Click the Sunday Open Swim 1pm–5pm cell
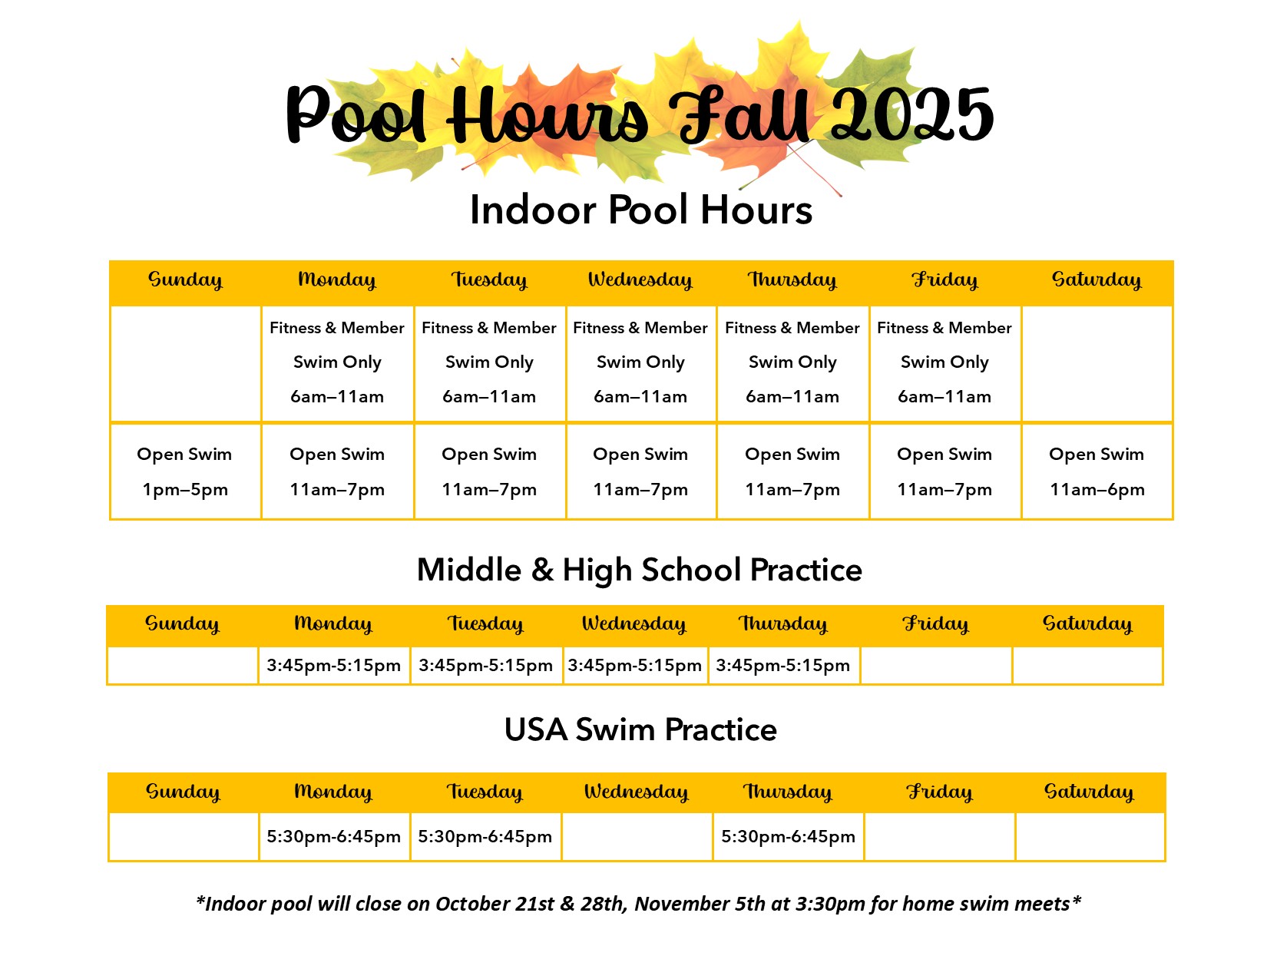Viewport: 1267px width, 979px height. point(185,471)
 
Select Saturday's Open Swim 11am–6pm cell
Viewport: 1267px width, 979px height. point(1097,471)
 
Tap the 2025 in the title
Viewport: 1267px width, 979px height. point(912,114)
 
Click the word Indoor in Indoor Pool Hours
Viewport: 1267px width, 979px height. point(533,210)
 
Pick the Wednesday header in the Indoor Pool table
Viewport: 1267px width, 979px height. point(640,280)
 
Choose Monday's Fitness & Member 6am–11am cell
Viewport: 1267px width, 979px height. point(337,362)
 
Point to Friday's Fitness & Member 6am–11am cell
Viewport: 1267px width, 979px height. point(944,362)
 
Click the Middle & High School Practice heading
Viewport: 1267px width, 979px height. point(639,570)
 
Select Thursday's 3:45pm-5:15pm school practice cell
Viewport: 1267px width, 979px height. point(783,665)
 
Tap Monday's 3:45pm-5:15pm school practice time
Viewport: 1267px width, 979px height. point(333,665)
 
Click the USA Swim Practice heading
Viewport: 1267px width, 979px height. point(640,729)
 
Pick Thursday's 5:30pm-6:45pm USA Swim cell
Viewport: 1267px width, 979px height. point(788,837)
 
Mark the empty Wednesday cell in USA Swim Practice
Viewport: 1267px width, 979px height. point(637,837)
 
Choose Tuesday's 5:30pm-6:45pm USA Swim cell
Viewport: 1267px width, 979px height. point(485,837)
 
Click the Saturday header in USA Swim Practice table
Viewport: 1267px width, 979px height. point(1089,792)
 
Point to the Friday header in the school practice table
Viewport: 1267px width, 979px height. point(936,624)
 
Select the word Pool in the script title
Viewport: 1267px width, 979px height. point(356,114)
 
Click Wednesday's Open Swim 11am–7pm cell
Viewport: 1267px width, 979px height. point(640,471)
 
